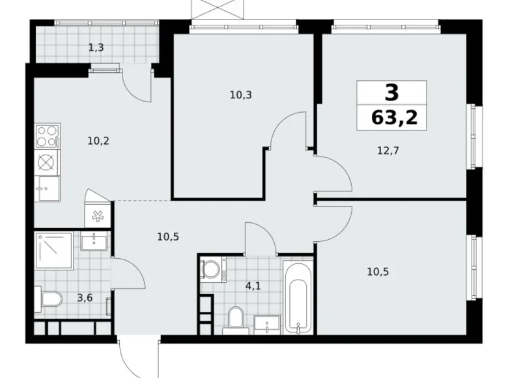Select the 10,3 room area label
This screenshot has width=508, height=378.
pyautogui.click(x=240, y=94)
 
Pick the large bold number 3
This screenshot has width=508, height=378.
pyautogui.click(x=391, y=93)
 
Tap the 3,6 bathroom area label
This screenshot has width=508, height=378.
pyautogui.click(x=84, y=298)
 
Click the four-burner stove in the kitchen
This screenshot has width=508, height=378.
pyautogui.click(x=47, y=137)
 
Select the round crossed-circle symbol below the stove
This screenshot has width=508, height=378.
pyautogui.click(x=46, y=162)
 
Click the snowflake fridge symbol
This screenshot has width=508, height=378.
pyautogui.click(x=96, y=216)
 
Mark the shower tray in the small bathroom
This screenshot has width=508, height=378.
pyautogui.click(x=53, y=250)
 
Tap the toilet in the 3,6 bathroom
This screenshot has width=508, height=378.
pyautogui.click(x=49, y=300)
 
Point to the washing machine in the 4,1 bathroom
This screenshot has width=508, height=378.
pyautogui.click(x=210, y=269)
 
